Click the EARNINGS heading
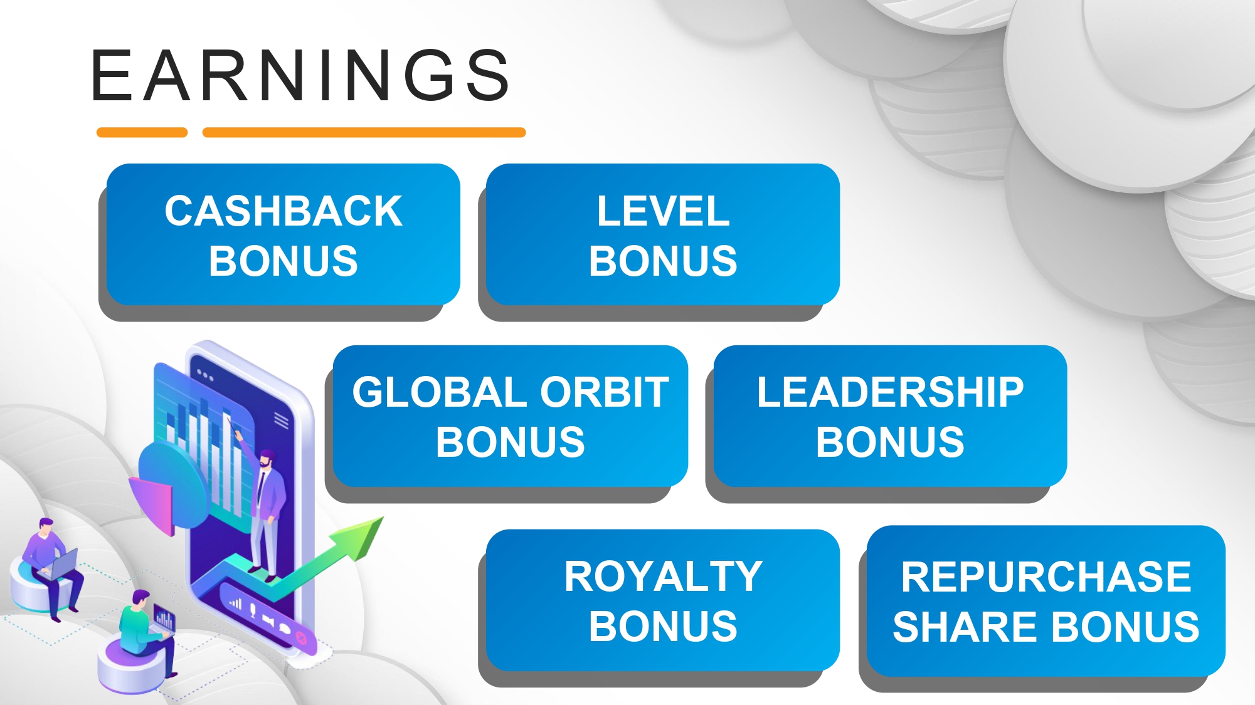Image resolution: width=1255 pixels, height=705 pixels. tap(300, 75)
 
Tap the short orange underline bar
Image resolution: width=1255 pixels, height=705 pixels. tap(142, 132)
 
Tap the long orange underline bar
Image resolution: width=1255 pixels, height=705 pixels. tap(364, 132)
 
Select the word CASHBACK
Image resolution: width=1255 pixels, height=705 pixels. tap(283, 211)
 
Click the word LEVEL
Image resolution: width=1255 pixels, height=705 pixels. tap(663, 211)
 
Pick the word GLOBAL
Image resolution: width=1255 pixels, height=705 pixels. tap(442, 392)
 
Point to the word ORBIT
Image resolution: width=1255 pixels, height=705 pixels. tap(605, 392)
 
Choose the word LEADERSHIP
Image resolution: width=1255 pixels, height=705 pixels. tap(890, 392)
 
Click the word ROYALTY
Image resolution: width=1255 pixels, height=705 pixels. tap(663, 577)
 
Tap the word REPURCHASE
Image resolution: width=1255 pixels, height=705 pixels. tap(1046, 577)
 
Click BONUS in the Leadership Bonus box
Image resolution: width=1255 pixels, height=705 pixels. tap(890, 442)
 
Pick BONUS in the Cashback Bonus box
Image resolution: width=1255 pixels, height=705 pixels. tap(283, 261)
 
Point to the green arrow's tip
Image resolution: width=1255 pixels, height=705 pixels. tap(383, 518)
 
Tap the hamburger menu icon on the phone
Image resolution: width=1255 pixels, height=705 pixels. tap(281, 420)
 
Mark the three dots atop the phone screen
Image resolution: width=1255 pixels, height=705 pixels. tap(205, 375)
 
